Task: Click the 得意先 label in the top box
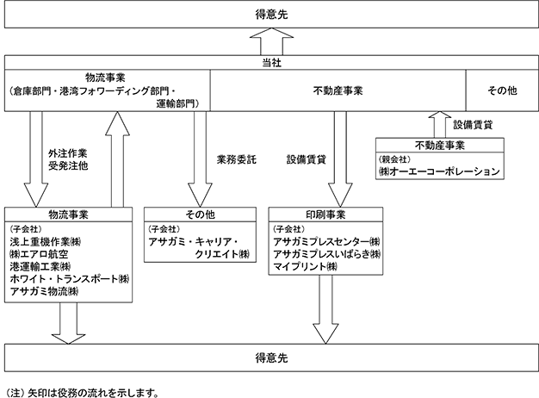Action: [271, 15]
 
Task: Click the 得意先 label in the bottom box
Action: [271, 358]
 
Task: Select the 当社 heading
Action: [271, 63]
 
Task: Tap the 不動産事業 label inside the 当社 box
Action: [338, 90]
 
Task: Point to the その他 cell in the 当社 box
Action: [502, 90]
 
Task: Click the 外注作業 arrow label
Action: [68, 153]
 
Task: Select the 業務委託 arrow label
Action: [237, 159]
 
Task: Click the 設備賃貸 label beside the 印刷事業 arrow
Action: [307, 159]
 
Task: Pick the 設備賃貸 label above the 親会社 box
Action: [473, 125]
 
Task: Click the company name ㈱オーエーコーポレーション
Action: [439, 171]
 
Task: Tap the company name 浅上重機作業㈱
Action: [46, 242]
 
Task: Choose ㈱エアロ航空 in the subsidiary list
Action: [39, 254]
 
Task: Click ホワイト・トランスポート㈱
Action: [70, 278]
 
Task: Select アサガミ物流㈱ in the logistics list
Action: [44, 291]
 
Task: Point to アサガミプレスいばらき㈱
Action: [327, 254]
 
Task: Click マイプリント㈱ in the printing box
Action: [306, 266]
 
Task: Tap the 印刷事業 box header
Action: [325, 215]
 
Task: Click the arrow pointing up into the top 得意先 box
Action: [271, 41]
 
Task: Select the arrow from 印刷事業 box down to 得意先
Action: [325, 309]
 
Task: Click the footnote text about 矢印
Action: [83, 393]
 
